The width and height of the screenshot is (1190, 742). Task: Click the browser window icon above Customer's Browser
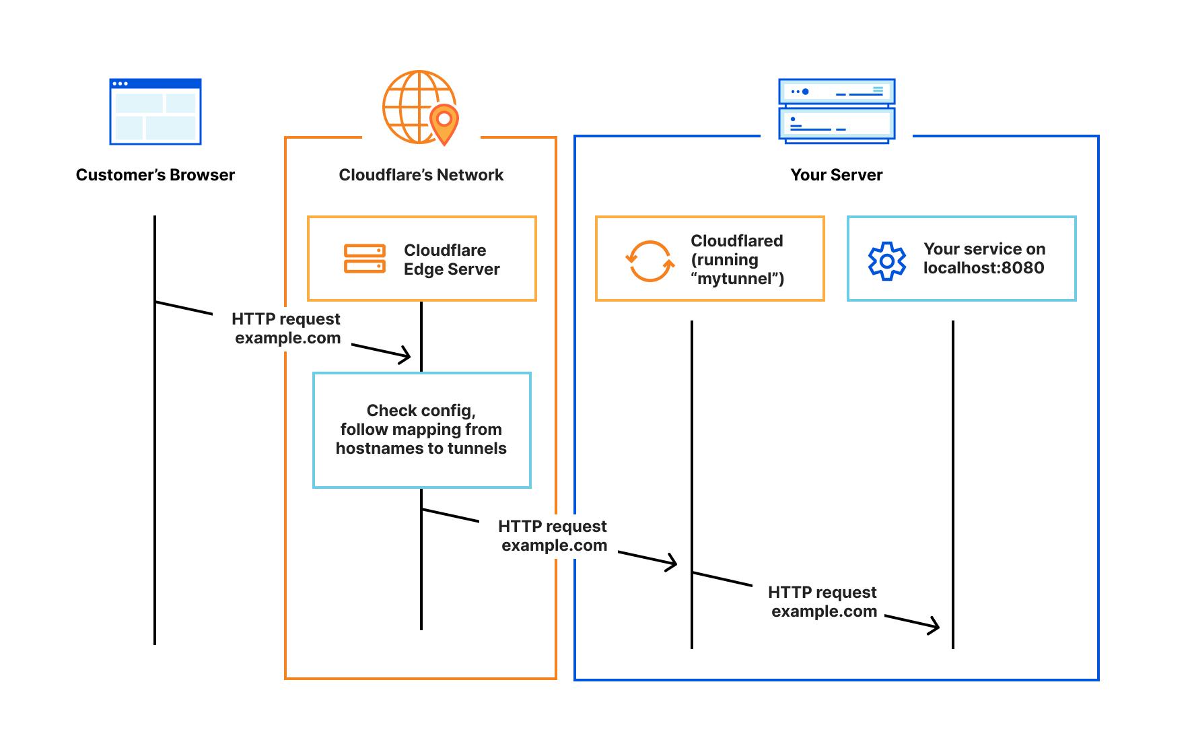tap(155, 112)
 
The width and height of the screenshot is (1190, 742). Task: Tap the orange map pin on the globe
tap(444, 123)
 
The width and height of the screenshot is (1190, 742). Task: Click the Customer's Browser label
tap(155, 175)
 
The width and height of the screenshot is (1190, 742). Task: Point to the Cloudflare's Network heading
tap(421, 175)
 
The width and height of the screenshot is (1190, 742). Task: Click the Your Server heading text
tap(836, 175)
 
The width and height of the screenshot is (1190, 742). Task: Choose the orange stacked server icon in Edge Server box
tap(365, 259)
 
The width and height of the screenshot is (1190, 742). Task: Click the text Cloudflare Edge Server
tap(451, 259)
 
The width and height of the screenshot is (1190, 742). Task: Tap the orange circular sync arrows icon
tap(650, 261)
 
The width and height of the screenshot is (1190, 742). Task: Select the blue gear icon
tap(887, 261)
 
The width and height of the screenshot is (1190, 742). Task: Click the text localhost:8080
tap(983, 268)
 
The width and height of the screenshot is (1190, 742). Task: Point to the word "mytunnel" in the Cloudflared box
tap(736, 279)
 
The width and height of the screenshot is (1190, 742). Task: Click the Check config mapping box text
tap(421, 430)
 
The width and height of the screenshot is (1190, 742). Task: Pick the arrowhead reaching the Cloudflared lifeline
tap(672, 563)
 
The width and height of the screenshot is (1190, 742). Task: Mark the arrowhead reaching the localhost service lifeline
tap(934, 627)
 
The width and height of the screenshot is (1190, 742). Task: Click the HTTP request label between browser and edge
tap(287, 329)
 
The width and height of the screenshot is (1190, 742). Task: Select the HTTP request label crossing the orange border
tap(553, 536)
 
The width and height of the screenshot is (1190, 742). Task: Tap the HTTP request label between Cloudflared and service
tap(823, 602)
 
